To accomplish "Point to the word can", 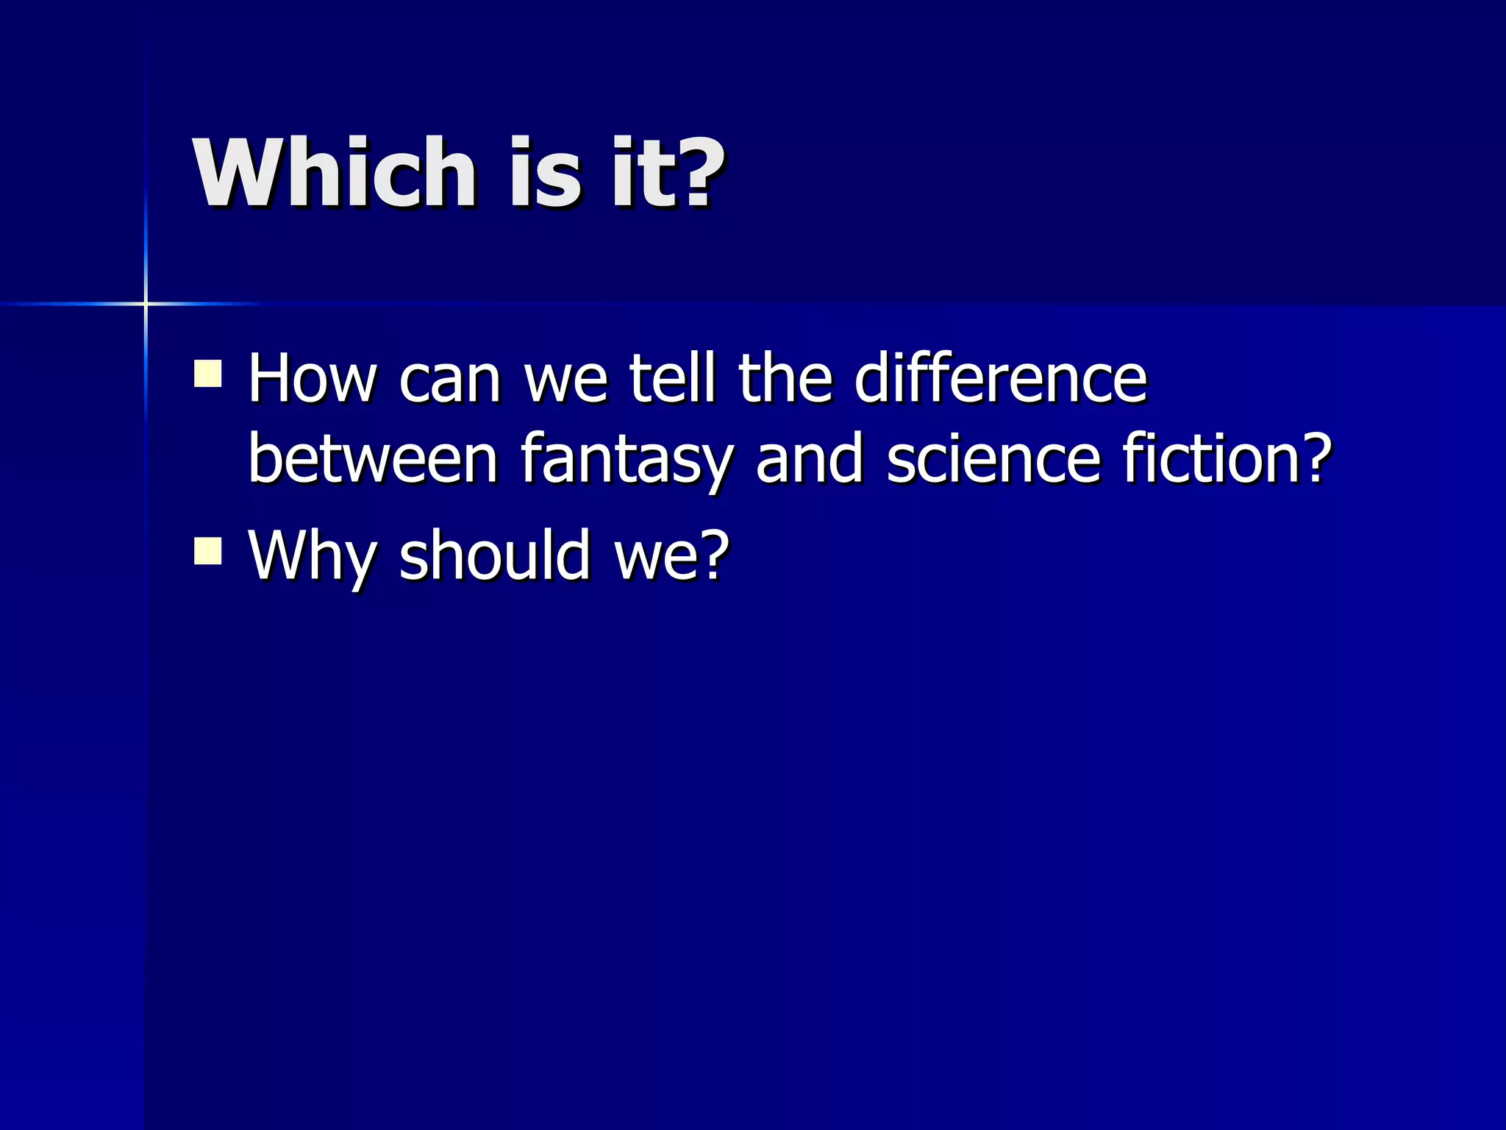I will click(449, 380).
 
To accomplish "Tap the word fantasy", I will click(627, 461).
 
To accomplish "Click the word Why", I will click(311, 555).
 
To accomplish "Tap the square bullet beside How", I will click(208, 373).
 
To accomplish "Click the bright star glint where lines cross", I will click(146, 303).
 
